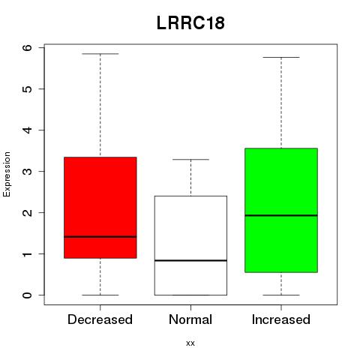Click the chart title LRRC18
coord(190,23)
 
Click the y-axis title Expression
coord(7,174)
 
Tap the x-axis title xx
coord(190,343)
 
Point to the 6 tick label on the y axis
coord(28,47)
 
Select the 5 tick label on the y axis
coord(28,88)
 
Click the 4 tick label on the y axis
coord(28,130)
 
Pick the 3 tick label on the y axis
coord(28,171)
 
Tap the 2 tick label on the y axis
coord(28,212)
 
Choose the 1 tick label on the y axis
coord(28,253)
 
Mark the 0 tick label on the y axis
coord(28,295)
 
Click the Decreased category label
coord(100,319)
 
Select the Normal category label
coord(190,319)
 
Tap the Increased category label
coord(281,319)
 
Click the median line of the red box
coord(100,236)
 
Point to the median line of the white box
coord(190,260)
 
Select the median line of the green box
coord(281,215)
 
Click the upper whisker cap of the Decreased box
coord(100,54)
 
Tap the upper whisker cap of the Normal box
coord(190,159)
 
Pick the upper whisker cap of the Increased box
coord(281,57)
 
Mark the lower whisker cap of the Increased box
coord(281,295)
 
